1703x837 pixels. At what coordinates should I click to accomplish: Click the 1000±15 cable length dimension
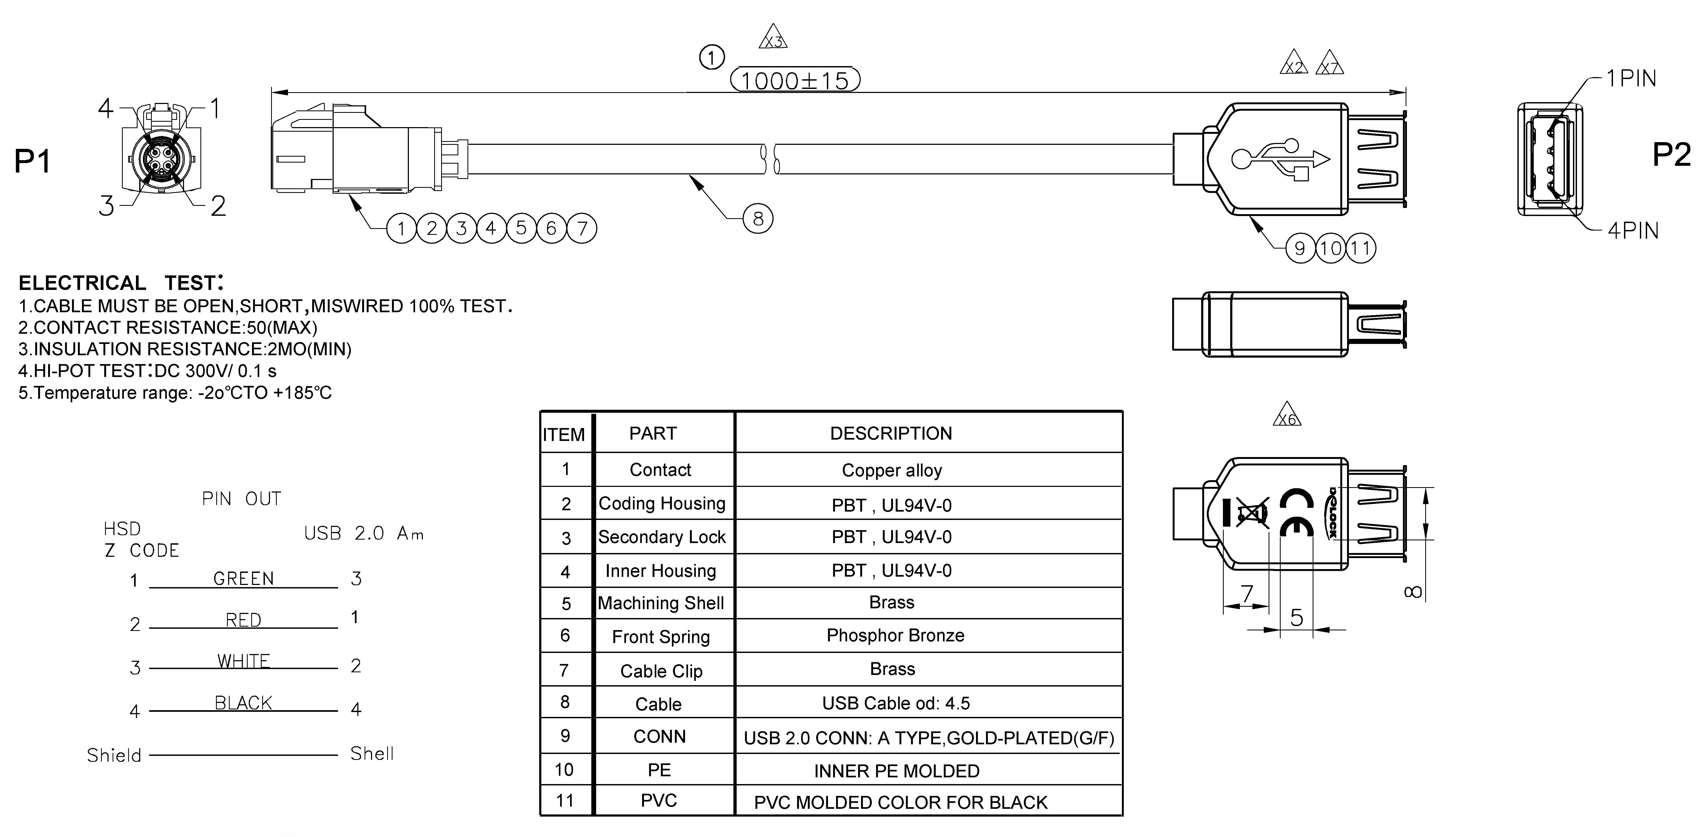click(x=795, y=81)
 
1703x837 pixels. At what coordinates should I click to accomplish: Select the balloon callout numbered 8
click(x=758, y=219)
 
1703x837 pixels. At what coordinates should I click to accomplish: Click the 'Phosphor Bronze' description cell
click(x=895, y=635)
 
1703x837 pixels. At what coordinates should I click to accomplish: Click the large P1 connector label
click(x=33, y=161)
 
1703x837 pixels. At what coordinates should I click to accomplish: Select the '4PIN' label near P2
click(x=1633, y=231)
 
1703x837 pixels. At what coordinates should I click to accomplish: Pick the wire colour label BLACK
click(x=243, y=703)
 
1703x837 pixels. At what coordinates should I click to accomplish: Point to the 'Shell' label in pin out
click(x=372, y=754)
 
